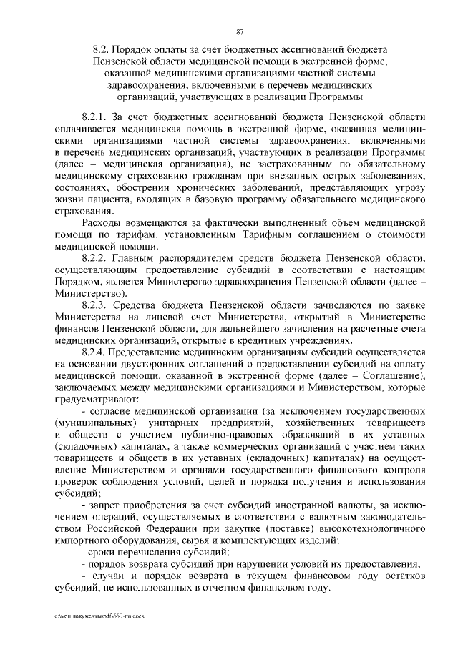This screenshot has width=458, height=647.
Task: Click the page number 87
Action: [x=240, y=31]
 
